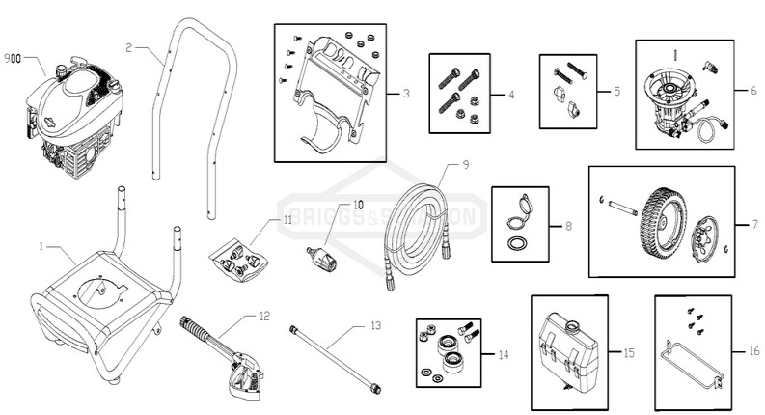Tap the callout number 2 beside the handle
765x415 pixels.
tap(129, 44)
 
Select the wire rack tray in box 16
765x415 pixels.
tap(693, 369)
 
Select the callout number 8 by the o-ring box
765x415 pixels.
tap(566, 227)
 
